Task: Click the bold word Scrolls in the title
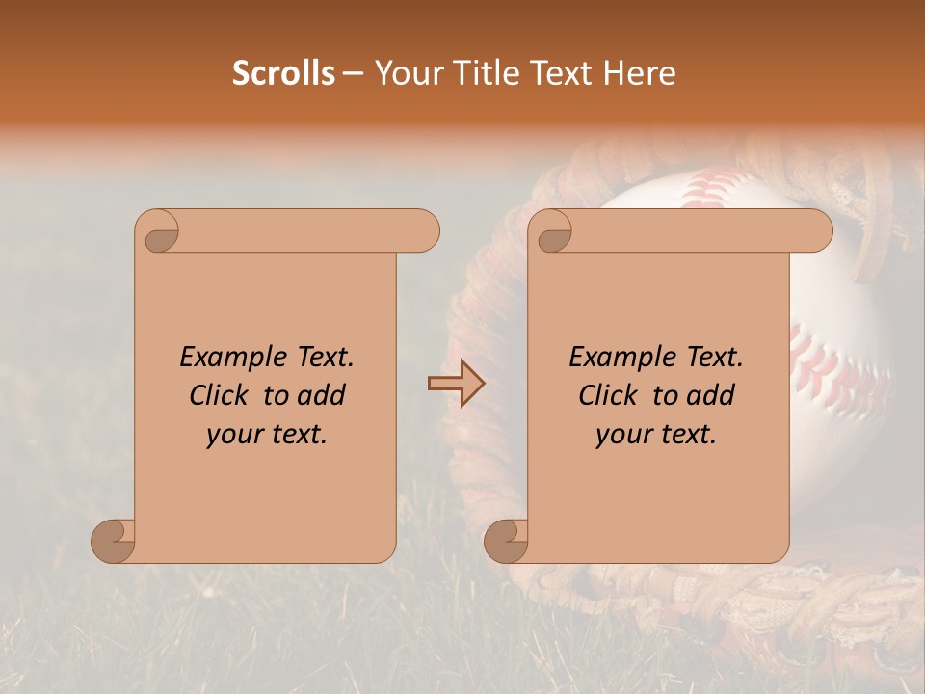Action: (x=284, y=73)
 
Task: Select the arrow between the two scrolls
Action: (x=456, y=384)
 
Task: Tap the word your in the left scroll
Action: (x=234, y=435)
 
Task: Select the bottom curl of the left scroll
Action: (x=114, y=541)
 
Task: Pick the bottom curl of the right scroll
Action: (x=506, y=541)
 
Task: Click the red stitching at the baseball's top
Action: (x=708, y=188)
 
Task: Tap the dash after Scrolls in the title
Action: (x=353, y=74)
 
